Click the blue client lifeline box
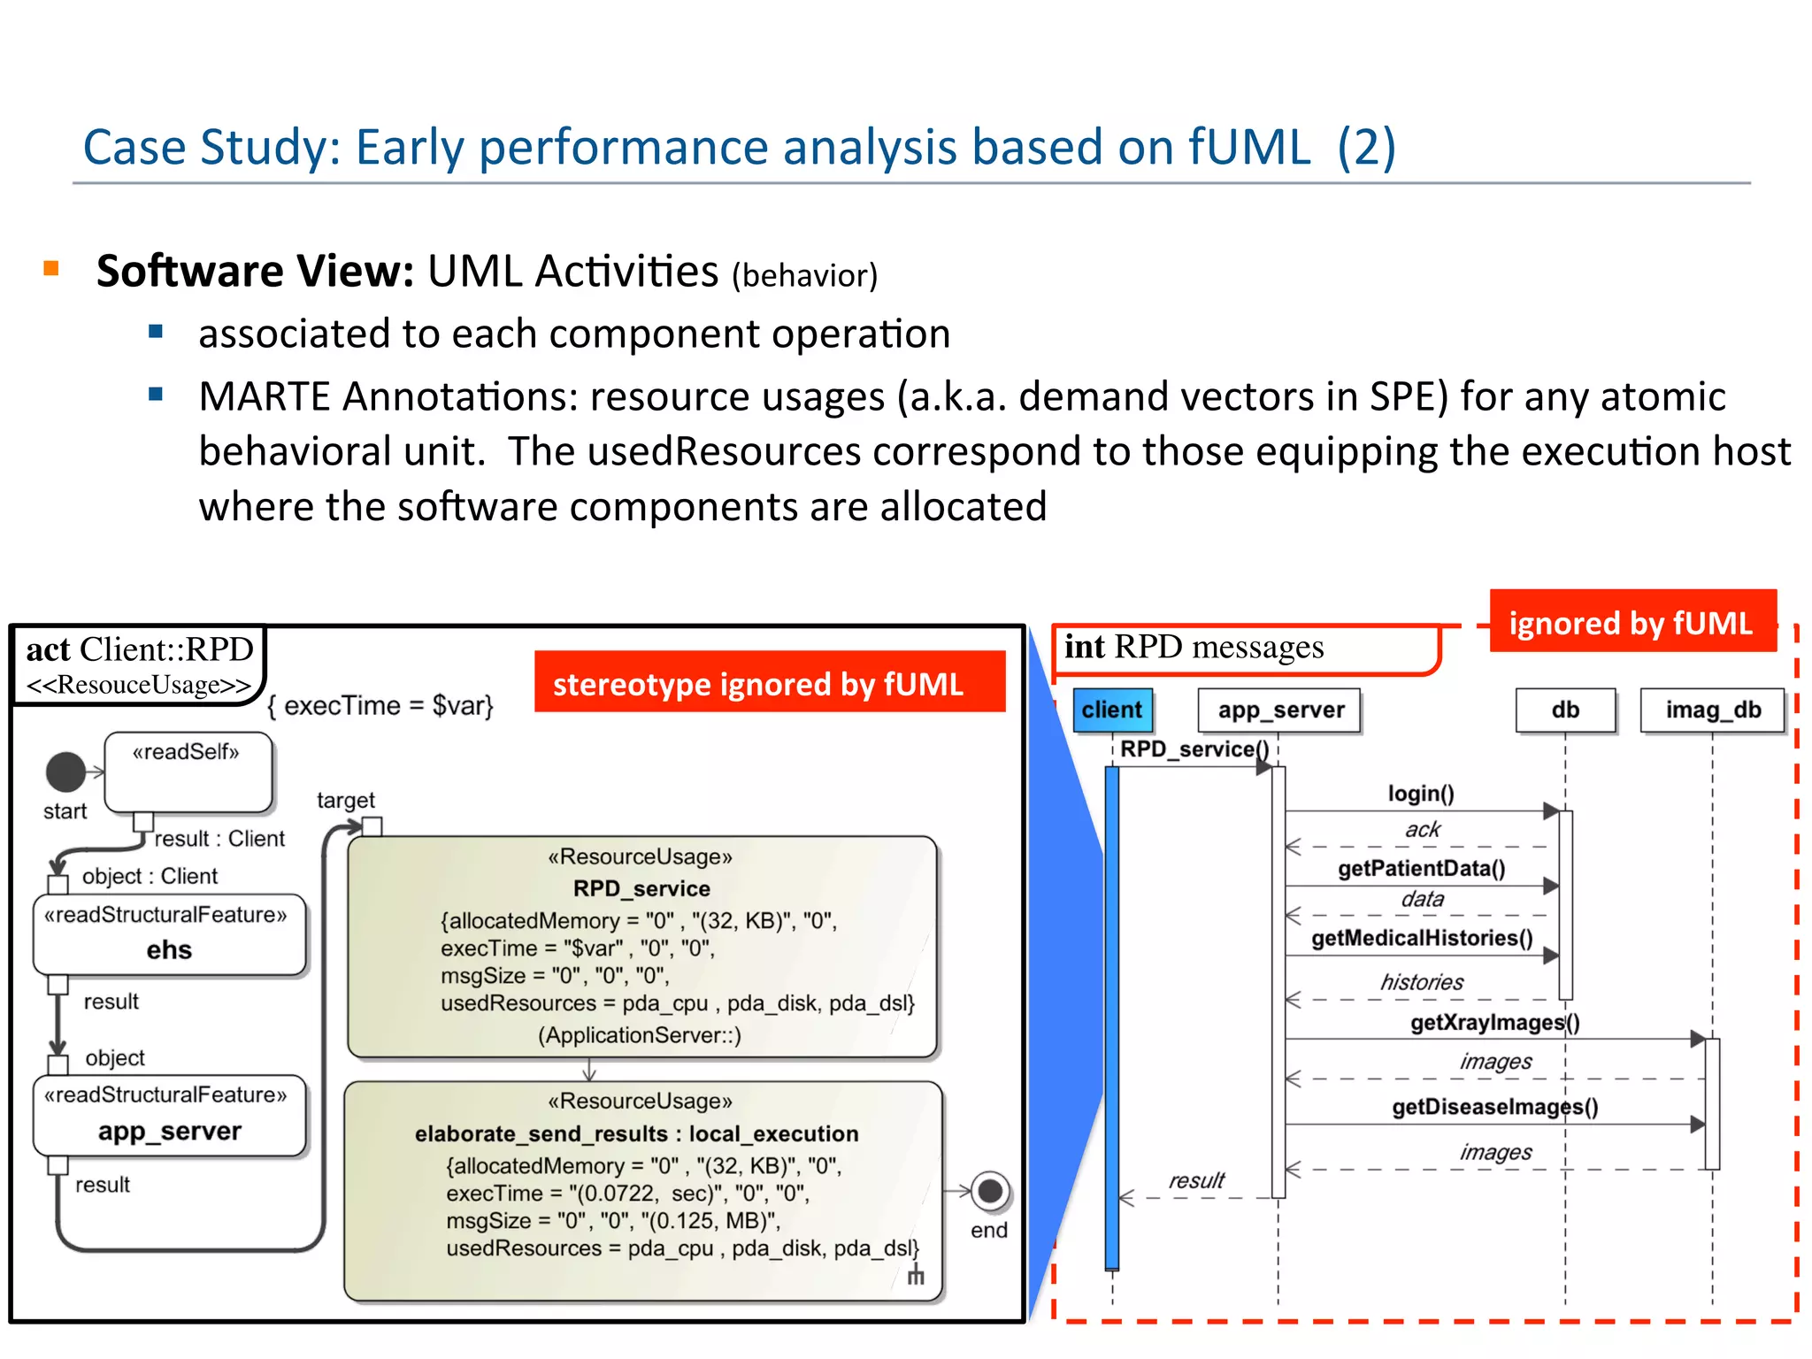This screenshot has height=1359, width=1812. point(1112,710)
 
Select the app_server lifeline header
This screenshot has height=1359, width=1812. point(1279,710)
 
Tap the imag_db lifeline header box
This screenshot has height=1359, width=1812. point(1712,710)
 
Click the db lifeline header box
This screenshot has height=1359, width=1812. point(1564,710)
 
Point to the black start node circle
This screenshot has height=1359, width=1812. point(65,772)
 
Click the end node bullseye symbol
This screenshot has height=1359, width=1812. point(990,1191)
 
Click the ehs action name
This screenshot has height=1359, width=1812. point(169,949)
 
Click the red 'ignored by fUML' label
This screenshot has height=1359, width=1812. point(1631,622)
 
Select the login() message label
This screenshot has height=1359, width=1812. point(1420,794)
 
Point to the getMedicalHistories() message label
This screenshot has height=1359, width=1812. point(1421,938)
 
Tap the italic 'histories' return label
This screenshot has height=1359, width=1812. point(1421,982)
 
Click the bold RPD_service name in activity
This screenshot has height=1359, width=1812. point(641,888)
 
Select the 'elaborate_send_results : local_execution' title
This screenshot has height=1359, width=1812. point(636,1133)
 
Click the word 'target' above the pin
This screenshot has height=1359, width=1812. point(345,801)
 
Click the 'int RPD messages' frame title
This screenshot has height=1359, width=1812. point(1193,647)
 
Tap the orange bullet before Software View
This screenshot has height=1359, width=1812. point(51,268)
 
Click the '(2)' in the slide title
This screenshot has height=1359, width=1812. point(1365,148)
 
